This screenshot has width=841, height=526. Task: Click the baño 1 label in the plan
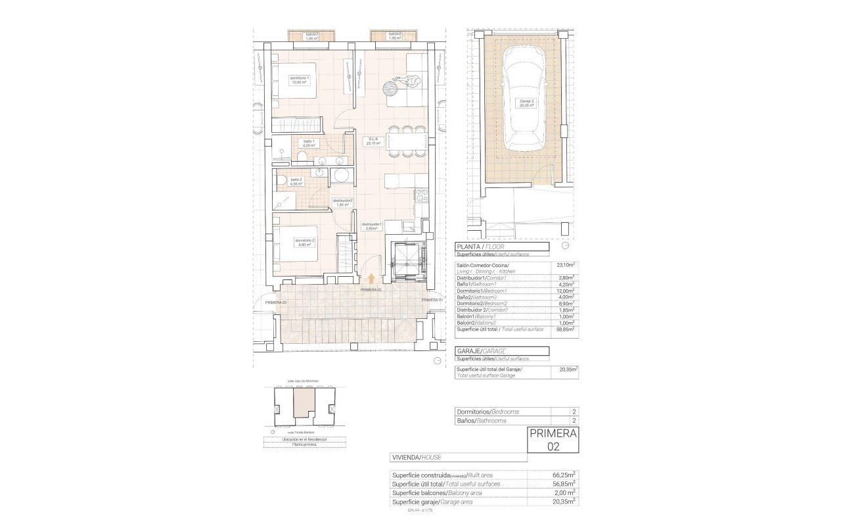coord(309,144)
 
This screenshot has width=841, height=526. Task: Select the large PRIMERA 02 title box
coord(553,439)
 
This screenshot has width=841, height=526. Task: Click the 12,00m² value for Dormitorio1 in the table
coord(565,291)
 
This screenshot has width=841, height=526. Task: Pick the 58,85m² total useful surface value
coord(565,329)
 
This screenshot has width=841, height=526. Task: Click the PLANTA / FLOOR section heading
coord(483,247)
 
